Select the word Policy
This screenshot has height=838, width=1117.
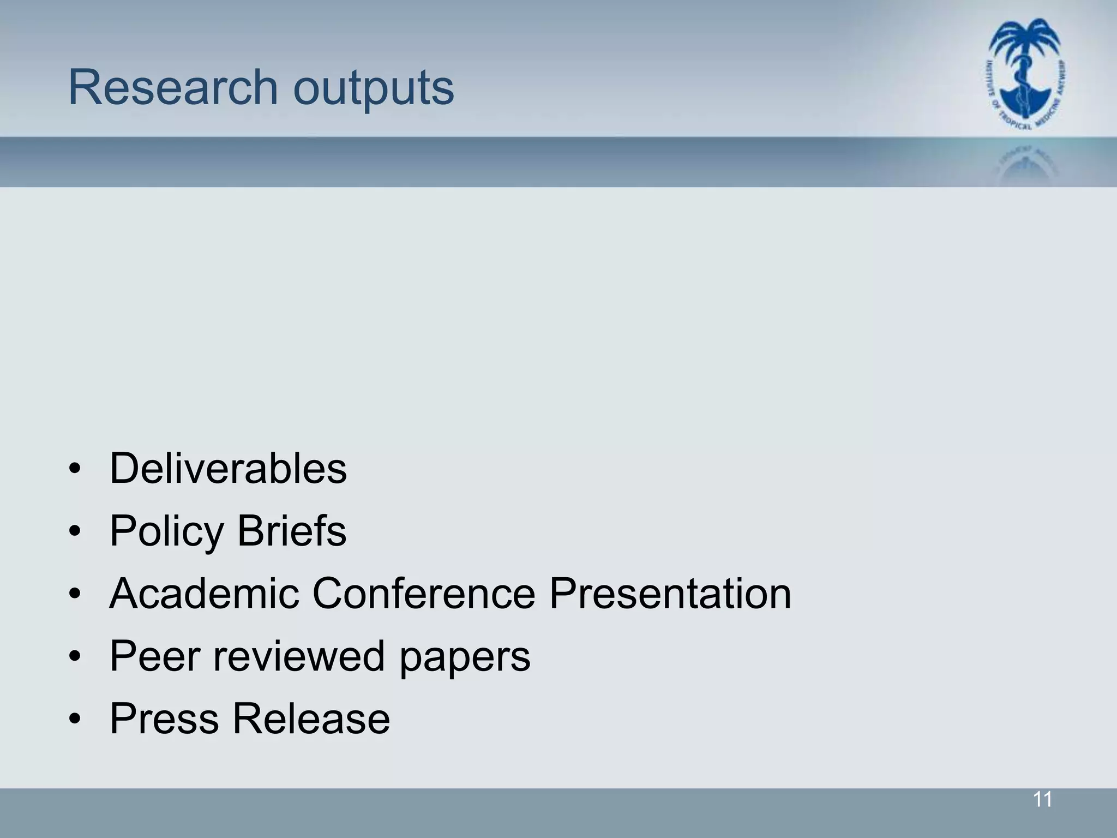[167, 532]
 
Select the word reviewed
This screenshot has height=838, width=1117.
[299, 656]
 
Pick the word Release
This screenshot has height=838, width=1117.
[311, 719]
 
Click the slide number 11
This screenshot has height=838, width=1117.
[1042, 800]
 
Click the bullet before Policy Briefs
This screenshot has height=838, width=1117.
[75, 531]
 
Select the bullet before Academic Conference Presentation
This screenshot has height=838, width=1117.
[75, 594]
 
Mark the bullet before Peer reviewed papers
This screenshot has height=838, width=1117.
[75, 656]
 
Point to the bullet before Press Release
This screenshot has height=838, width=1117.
[75, 719]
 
